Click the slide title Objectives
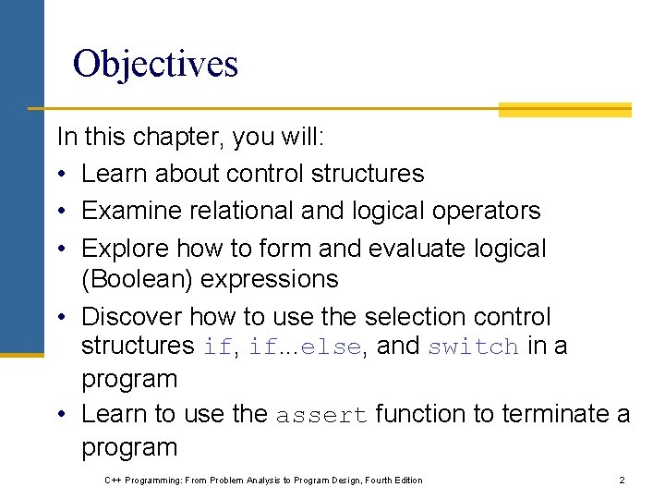[x=155, y=64]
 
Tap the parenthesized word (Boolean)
[x=132, y=279]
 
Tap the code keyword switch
[x=473, y=347]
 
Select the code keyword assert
[x=320, y=416]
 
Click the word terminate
[x=541, y=415]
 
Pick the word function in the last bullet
[x=420, y=415]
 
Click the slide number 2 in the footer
[x=622, y=480]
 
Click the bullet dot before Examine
[x=64, y=212]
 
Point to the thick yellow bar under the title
[x=564, y=110]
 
